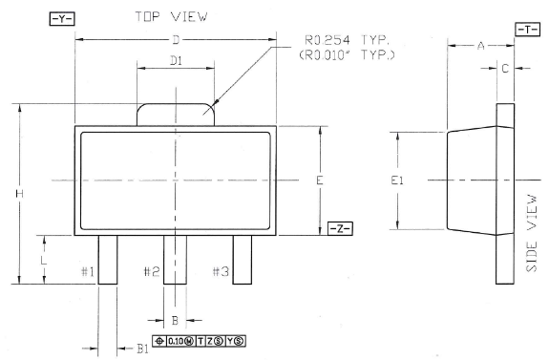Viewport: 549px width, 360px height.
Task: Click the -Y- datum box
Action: [x=62, y=19]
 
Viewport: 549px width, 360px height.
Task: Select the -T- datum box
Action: [x=527, y=30]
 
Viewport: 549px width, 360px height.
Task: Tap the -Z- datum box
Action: [x=340, y=228]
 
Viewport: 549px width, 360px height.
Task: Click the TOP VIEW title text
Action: [x=171, y=16]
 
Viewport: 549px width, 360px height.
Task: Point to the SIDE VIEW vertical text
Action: [x=532, y=233]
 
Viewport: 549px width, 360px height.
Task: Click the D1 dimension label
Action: [x=176, y=61]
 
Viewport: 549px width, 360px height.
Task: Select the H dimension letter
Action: [x=20, y=193]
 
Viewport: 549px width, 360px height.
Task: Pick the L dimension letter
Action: [x=43, y=260]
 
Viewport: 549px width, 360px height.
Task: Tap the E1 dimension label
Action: [x=397, y=180]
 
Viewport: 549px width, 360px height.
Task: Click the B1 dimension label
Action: [x=142, y=349]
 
